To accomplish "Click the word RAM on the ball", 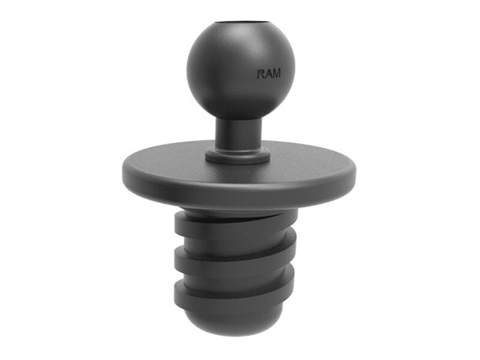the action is tap(268, 74).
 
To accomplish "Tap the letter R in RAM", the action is tap(260, 74).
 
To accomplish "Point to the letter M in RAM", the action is tap(276, 73).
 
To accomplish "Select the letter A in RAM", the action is tap(268, 74).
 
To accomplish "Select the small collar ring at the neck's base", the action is tap(238, 155).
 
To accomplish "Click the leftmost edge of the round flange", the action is tap(123, 175).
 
